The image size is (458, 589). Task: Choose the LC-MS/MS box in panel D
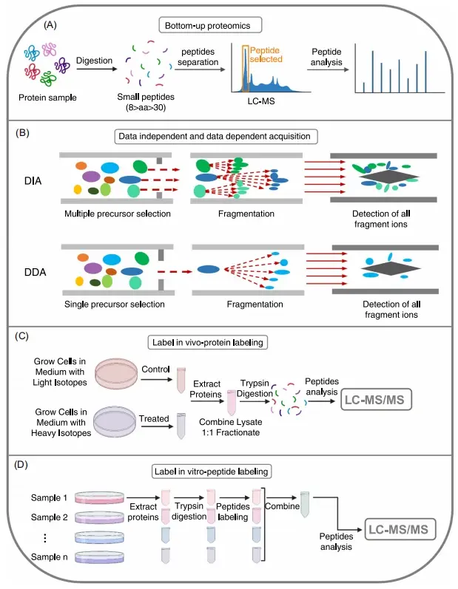[400, 529]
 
